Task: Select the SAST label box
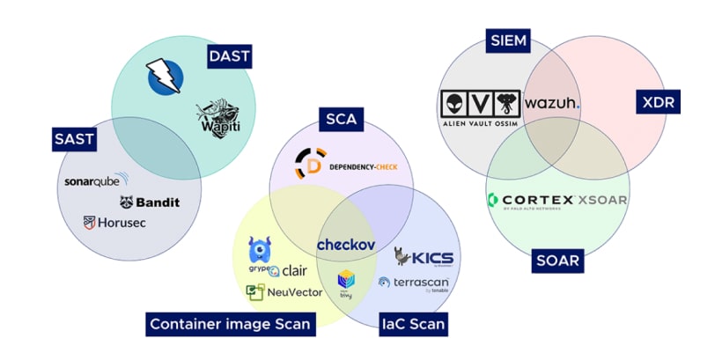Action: [74, 138]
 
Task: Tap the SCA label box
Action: [340, 120]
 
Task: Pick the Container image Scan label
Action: [231, 324]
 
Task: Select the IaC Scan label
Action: [413, 324]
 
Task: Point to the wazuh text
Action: [552, 103]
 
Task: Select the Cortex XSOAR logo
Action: [557, 201]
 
